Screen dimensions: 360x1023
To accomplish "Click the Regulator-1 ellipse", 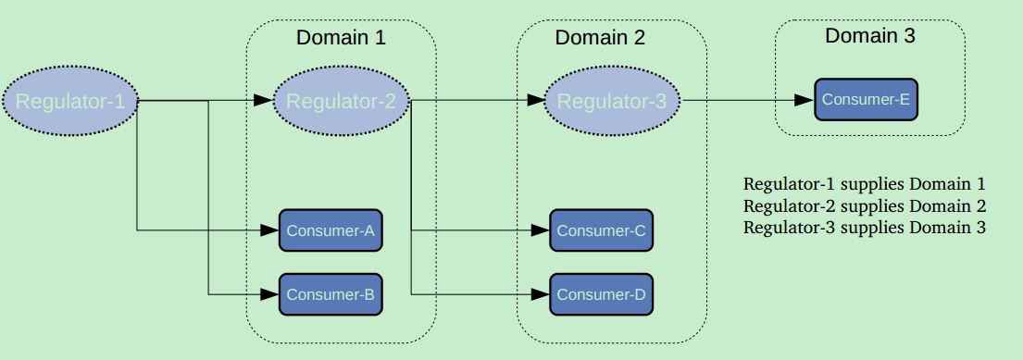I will (x=70, y=101).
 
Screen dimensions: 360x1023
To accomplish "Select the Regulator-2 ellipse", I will (x=341, y=101).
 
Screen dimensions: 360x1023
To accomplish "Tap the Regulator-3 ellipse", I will (x=611, y=101).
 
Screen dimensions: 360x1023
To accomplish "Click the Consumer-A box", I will (x=331, y=230).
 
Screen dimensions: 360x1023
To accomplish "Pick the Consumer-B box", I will (x=331, y=294).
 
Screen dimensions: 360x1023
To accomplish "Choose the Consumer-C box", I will (x=601, y=230).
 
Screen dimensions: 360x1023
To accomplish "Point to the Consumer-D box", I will (x=601, y=294).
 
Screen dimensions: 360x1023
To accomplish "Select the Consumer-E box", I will (x=866, y=100).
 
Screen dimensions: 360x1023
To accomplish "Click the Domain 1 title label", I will (x=341, y=38).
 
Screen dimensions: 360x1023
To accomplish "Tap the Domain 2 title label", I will (x=600, y=38).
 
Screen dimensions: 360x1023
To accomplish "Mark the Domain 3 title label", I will (x=869, y=36).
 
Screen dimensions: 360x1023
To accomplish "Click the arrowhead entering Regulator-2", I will (x=263, y=100).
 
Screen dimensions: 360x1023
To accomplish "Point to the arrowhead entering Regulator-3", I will (x=534, y=100).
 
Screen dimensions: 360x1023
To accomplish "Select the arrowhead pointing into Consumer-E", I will (x=805, y=100).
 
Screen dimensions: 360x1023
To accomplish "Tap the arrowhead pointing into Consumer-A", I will (x=270, y=230).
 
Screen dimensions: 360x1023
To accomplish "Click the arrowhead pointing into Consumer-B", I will (x=270, y=294).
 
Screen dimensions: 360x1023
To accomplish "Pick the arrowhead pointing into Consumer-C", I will (x=541, y=230).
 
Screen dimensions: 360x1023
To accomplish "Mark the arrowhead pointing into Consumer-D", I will (x=541, y=294).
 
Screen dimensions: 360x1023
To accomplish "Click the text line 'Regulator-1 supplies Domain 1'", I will (x=864, y=184).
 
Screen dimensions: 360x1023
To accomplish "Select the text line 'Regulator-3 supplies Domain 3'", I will (x=864, y=228).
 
